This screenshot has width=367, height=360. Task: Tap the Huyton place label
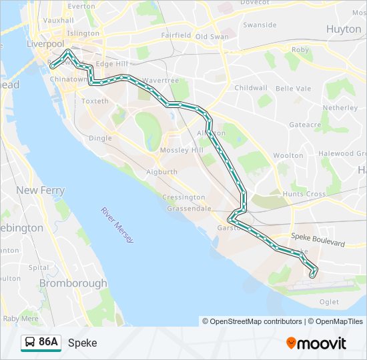(344, 29)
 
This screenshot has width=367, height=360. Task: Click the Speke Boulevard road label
(318, 240)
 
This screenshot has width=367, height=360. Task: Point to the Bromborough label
(73, 283)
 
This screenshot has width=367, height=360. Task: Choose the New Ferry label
(41, 191)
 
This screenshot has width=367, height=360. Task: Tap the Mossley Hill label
(181, 151)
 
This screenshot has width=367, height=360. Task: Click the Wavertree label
(160, 80)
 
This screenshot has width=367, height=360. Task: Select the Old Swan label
(212, 36)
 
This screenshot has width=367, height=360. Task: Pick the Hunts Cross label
(304, 194)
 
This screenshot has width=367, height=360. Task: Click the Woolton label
(288, 155)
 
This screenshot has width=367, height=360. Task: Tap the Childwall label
(251, 88)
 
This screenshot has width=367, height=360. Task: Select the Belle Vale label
(294, 89)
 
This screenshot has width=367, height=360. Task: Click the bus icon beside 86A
(29, 343)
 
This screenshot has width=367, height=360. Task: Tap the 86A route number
(48, 343)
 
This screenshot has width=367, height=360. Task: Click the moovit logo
(316, 343)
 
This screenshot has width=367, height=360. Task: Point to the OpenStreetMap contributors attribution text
(252, 321)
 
